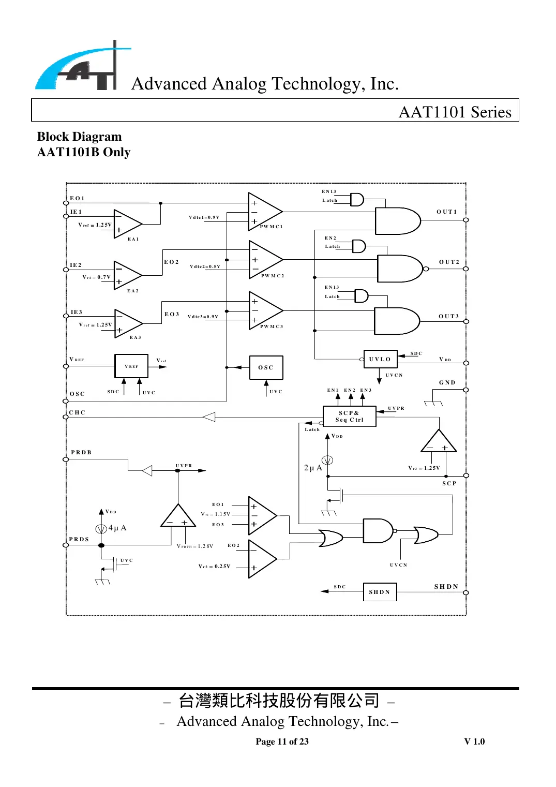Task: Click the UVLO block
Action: (380, 359)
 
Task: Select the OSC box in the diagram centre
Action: (266, 367)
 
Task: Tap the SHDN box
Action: (380, 592)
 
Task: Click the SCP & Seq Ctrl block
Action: (349, 417)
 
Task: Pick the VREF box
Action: (131, 366)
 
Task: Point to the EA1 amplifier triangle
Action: (127, 224)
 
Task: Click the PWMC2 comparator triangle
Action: (264, 259)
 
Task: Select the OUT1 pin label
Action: (446, 212)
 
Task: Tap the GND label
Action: (447, 382)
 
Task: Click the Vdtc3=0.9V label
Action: (203, 317)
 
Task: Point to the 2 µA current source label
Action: (313, 468)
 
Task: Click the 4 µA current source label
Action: (117, 528)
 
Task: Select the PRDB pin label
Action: (81, 452)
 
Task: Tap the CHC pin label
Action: (77, 412)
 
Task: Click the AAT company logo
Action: (83, 67)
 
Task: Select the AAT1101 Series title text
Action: (455, 112)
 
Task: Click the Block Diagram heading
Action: (80, 137)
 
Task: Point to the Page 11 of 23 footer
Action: (282, 741)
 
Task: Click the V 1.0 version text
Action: (474, 741)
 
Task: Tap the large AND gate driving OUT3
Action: (396, 321)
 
